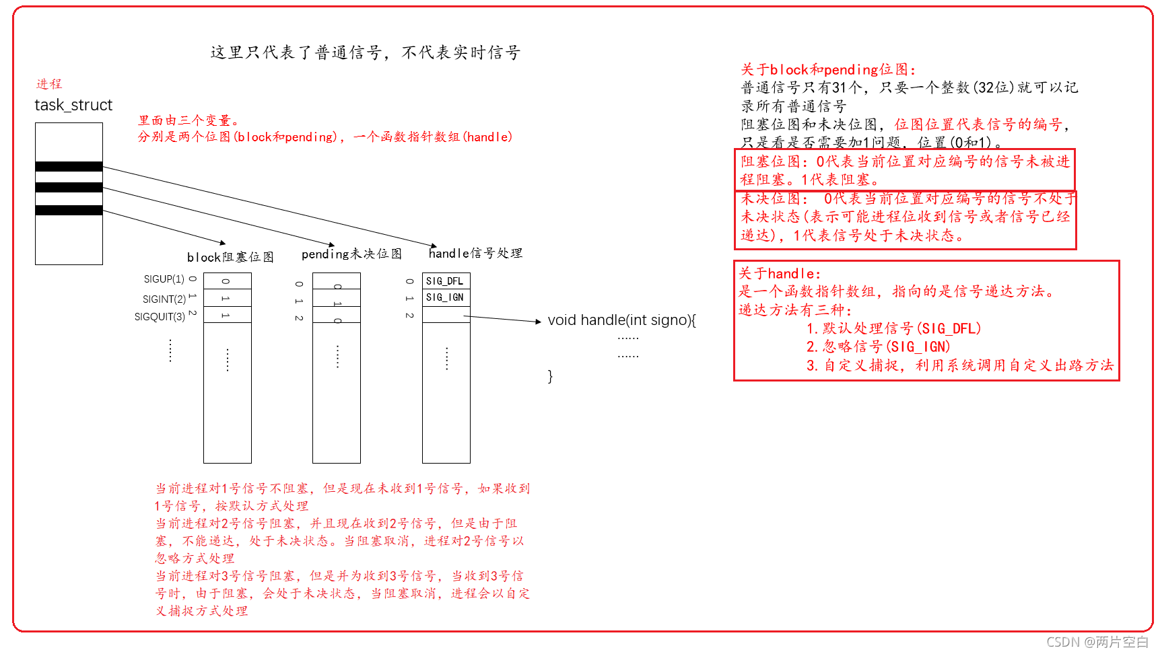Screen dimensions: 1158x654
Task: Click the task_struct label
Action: click(x=73, y=105)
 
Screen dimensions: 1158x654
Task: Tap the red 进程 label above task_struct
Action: click(x=48, y=84)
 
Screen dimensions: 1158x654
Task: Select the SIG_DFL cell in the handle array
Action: click(x=446, y=281)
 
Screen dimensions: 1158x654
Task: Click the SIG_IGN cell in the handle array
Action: click(x=446, y=297)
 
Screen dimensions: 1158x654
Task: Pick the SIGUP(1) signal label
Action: click(x=164, y=279)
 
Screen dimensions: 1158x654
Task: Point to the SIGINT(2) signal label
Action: click(x=164, y=299)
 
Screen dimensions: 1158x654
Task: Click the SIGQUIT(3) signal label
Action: click(x=160, y=317)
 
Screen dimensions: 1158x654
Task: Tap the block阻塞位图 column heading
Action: click(x=230, y=257)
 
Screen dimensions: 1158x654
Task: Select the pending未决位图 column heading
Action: click(x=351, y=254)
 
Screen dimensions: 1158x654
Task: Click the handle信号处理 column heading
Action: click(x=475, y=253)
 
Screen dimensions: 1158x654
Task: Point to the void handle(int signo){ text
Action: click(x=621, y=320)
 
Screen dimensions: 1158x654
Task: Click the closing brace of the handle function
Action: click(x=550, y=376)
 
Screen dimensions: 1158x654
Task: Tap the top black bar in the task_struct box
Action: click(x=69, y=166)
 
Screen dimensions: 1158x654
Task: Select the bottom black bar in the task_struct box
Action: click(x=69, y=210)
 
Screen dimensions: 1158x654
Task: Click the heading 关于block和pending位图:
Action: click(x=827, y=69)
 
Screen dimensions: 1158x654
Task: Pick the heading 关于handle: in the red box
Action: click(x=780, y=273)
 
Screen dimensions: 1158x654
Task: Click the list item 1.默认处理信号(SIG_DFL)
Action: click(x=893, y=328)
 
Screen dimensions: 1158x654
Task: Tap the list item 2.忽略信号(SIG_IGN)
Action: click(x=878, y=347)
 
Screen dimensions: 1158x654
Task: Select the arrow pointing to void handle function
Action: click(x=502, y=319)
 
